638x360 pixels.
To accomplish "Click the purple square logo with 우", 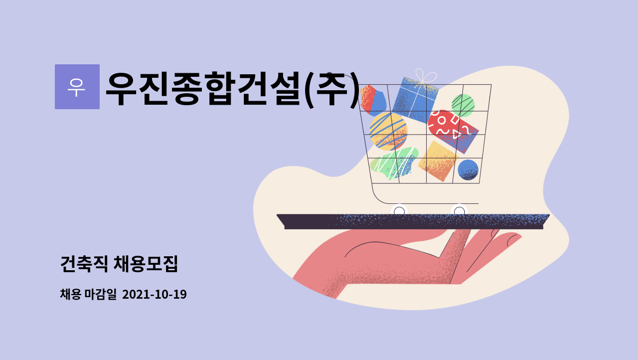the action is pos(77,87).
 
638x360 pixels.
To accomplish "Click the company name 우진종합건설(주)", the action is pos(233,89).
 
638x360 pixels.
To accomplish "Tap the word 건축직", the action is pos(84,264).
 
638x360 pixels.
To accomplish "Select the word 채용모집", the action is pos(146,264).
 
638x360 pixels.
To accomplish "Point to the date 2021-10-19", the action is pos(155,294).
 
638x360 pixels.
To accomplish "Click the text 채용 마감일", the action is pos(88,294).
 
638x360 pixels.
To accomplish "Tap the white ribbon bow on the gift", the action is pos(426,76).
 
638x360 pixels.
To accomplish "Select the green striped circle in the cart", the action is pos(463,105).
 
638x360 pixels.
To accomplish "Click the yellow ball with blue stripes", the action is pos(388,131).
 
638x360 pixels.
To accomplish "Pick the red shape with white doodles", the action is pos(452,131).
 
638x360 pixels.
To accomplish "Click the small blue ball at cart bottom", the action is pos(468,170).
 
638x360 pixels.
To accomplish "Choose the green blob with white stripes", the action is pos(394,163).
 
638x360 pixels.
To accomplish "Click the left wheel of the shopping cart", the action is pos(399,211).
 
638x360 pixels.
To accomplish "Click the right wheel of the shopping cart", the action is pos(459,211).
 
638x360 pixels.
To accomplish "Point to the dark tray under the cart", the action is pos(413,221).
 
